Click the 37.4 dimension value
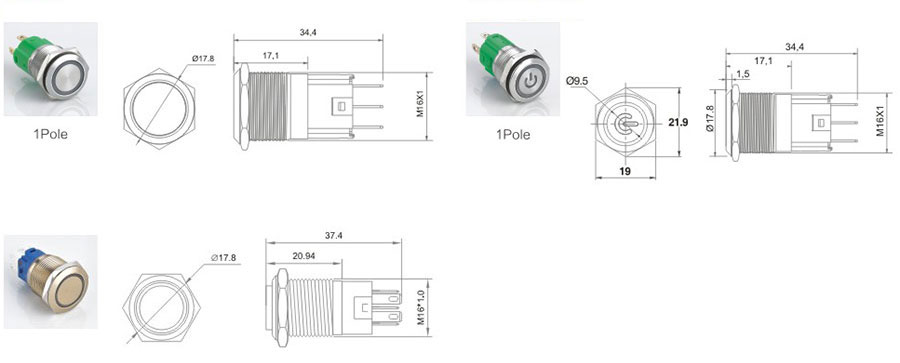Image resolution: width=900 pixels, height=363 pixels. click(x=334, y=236)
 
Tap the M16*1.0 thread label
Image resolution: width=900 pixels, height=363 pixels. click(x=421, y=307)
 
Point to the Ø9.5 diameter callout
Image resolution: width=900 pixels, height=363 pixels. click(x=577, y=82)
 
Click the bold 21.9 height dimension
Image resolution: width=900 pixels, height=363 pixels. click(x=677, y=122)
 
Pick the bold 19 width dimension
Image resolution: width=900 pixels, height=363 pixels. click(x=626, y=171)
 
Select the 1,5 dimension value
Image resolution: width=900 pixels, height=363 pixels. click(x=743, y=75)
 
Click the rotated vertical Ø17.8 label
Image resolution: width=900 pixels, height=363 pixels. click(x=710, y=119)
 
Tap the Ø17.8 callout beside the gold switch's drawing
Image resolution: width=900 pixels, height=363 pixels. click(x=224, y=258)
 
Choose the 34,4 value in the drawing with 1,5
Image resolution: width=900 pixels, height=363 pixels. click(x=794, y=48)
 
